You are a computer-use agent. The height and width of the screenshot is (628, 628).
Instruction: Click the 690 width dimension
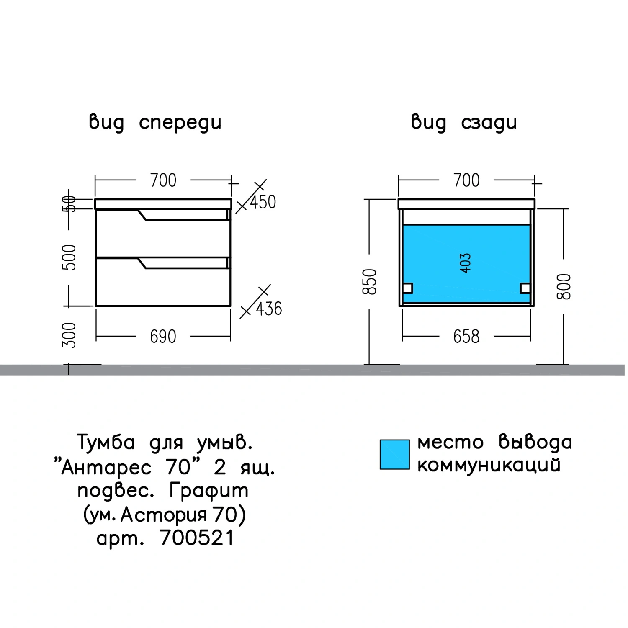[x=163, y=337]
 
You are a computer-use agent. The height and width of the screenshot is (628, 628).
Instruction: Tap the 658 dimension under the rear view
[x=466, y=337]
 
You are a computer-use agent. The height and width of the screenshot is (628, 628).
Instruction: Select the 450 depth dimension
[x=263, y=202]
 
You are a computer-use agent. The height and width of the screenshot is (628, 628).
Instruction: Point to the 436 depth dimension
[x=269, y=309]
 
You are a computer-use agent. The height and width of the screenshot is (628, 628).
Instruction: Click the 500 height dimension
[x=69, y=257]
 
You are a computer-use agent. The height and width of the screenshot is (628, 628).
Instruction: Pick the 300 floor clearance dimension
[x=69, y=335]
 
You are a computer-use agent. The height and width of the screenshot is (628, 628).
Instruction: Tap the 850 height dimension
[x=370, y=282]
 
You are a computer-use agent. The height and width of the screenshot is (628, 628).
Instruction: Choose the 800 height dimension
[x=564, y=286]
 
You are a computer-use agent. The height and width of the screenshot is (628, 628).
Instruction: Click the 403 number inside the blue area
[x=465, y=263]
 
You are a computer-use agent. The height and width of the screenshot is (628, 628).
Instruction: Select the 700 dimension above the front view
[x=163, y=180]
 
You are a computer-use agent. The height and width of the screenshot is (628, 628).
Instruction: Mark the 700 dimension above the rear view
[x=466, y=180]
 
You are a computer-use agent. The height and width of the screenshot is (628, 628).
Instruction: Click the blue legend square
[x=394, y=454]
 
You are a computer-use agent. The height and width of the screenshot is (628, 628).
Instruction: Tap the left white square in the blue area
[x=407, y=288]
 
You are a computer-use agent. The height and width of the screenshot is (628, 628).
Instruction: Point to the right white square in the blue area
[x=525, y=288]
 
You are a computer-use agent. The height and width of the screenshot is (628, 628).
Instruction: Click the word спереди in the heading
[x=180, y=123]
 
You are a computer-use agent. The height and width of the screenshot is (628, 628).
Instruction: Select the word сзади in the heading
[x=489, y=123]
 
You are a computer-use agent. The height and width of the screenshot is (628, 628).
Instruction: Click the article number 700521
[x=197, y=538]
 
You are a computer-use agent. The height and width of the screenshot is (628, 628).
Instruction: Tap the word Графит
[x=209, y=491]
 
